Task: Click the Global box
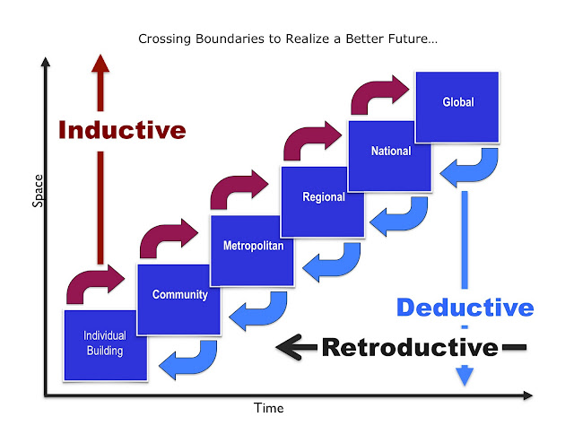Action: point(457,106)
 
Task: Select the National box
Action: point(387,154)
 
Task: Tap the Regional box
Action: point(321,199)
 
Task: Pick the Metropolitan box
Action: point(254,248)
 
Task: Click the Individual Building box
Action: point(105,343)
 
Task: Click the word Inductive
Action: point(122,130)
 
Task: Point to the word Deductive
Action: point(465,308)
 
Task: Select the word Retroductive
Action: point(409,347)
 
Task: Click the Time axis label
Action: point(268,409)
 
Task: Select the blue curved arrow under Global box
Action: point(471,165)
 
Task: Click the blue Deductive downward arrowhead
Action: point(464,377)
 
